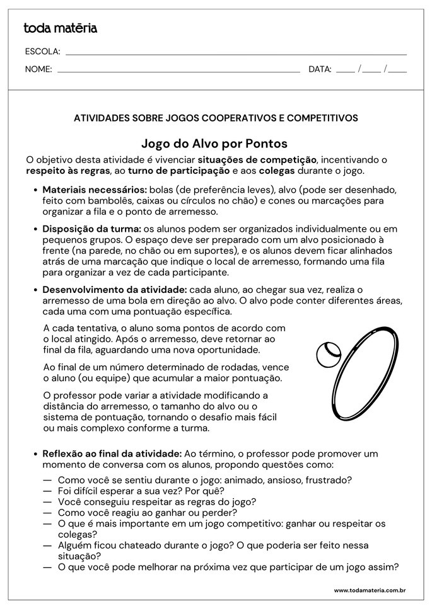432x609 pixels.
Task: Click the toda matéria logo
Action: click(61, 28)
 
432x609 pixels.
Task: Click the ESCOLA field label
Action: click(42, 52)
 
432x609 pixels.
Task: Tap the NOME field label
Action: click(38, 69)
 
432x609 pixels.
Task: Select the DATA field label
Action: click(320, 69)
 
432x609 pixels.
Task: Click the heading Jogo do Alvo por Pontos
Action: click(215, 144)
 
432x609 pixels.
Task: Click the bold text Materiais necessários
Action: click(95, 190)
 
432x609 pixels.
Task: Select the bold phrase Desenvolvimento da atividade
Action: click(114, 289)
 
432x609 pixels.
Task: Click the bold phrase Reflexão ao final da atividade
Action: click(112, 453)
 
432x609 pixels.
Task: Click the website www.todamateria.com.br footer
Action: click(369, 590)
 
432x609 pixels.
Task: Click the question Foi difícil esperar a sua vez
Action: click(141, 491)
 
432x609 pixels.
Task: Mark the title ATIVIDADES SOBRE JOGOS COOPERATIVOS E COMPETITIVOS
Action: click(216, 118)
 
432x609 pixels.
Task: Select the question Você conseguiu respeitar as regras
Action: click(156, 501)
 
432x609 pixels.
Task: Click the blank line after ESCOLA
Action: click(236, 54)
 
